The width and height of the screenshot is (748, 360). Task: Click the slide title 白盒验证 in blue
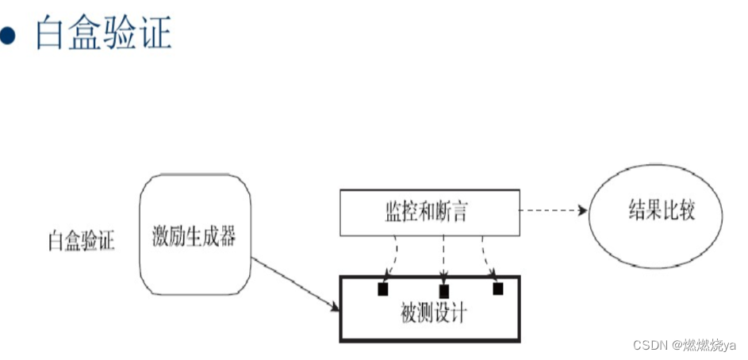[x=103, y=33]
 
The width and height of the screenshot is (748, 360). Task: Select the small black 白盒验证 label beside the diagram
[x=81, y=239]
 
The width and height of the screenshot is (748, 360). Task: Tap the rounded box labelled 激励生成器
[x=195, y=235]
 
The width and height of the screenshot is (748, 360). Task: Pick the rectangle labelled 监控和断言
[x=430, y=213]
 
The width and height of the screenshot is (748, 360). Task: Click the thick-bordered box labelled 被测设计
[x=430, y=312]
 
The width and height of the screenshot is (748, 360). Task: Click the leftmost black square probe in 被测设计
[x=383, y=289]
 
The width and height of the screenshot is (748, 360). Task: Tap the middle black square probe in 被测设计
[x=443, y=291]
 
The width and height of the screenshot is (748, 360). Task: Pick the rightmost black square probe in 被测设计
[x=498, y=288]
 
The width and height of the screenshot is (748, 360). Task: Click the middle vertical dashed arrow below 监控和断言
[x=443, y=258]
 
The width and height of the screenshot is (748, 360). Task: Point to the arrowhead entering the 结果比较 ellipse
[x=582, y=212]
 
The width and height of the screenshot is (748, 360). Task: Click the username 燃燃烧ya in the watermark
[x=711, y=346]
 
